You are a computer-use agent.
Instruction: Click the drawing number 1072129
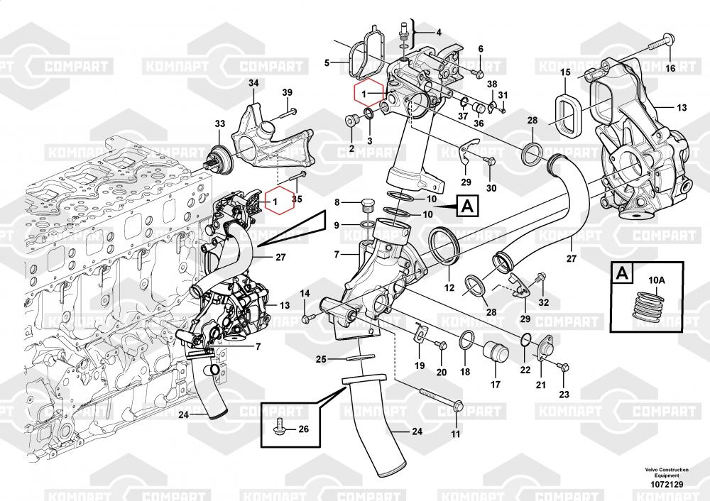(666, 484)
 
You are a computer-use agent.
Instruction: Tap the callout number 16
(670, 68)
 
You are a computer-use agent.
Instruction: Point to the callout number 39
(288, 93)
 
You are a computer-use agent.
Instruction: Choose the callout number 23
(564, 394)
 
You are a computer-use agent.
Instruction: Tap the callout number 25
(320, 359)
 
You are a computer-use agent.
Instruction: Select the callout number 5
(327, 63)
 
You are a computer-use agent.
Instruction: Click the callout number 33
(219, 123)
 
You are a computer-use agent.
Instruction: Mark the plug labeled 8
(367, 207)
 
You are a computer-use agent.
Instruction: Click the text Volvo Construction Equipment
(666, 473)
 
